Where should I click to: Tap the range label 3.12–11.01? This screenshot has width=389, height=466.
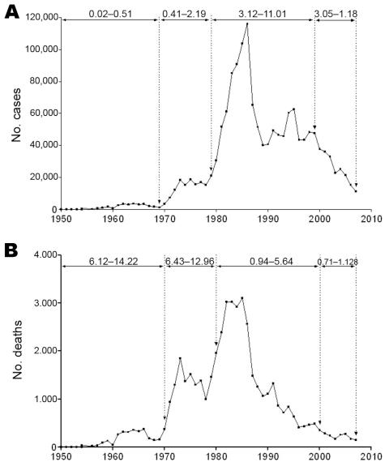263,14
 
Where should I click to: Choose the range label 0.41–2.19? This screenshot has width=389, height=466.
186,14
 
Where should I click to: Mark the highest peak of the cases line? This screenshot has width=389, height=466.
247,24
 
